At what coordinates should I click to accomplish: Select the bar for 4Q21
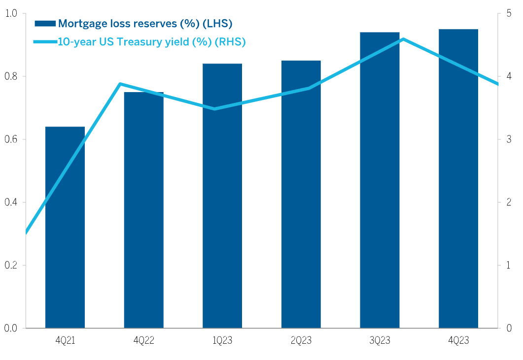click(65, 227)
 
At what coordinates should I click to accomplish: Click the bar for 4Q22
click(143, 210)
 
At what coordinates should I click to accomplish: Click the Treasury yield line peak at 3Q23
click(403, 39)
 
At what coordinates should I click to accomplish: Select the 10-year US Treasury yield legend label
click(152, 42)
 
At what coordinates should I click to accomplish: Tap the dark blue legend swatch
click(45, 23)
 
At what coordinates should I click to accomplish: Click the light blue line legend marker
click(45, 42)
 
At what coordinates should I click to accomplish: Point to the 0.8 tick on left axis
click(12, 76)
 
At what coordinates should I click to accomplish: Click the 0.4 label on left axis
click(12, 202)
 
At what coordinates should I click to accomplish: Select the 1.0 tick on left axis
click(12, 14)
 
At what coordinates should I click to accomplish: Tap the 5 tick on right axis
click(508, 14)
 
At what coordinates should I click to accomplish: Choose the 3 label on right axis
click(508, 139)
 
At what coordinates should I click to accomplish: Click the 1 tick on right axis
click(508, 265)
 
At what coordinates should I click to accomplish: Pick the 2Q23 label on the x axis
click(301, 340)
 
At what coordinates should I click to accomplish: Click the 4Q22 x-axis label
click(143, 340)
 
